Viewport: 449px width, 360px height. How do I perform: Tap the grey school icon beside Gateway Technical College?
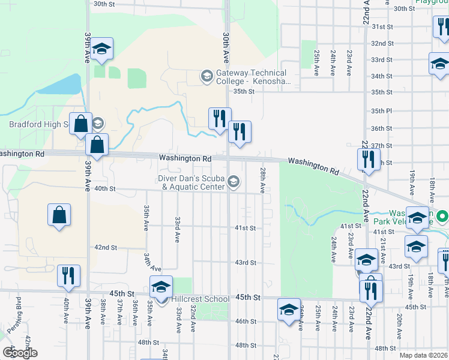(206, 76)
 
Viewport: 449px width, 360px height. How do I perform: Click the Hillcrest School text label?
(199, 299)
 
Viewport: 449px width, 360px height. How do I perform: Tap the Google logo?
(20, 353)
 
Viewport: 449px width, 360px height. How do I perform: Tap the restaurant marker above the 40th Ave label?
(68, 276)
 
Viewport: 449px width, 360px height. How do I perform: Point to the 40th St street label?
(104, 188)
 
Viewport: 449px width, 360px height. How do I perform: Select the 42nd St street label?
(105, 247)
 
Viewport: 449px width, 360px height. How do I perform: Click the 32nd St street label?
(382, 44)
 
